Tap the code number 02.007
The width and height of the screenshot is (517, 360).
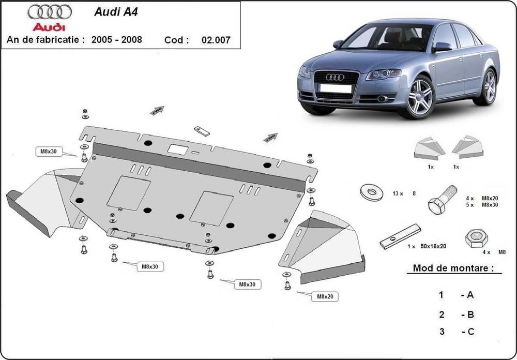[218, 40]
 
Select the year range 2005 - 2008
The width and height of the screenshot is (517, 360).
[116, 40]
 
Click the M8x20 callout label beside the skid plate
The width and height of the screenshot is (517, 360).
[324, 296]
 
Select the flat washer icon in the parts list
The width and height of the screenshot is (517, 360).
[372, 192]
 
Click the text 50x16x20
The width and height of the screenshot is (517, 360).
[433, 247]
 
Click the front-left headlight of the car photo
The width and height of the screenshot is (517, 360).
[383, 74]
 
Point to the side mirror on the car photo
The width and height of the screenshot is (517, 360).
[442, 47]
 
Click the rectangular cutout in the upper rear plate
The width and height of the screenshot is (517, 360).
[177, 148]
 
